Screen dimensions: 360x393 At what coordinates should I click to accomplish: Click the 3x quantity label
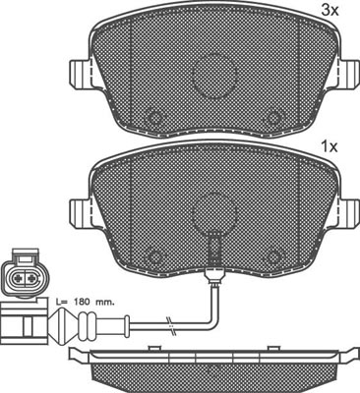[329, 11]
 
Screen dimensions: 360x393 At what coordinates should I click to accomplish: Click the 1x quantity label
[329, 147]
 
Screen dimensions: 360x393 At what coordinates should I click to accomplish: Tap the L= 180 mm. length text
[85, 302]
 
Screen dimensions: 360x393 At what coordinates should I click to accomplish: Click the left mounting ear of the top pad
[81, 73]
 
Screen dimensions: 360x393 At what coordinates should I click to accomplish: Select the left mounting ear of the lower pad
[81, 212]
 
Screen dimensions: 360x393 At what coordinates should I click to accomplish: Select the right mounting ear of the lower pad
[348, 212]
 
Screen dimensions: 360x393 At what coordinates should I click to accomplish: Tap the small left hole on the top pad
[153, 118]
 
